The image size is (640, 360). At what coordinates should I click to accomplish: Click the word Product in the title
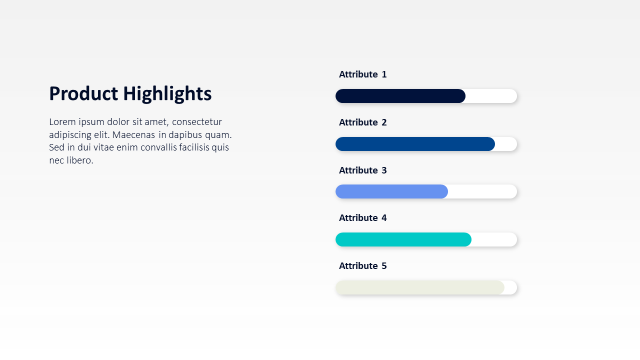click(x=83, y=93)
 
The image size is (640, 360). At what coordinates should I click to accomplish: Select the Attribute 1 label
click(x=363, y=74)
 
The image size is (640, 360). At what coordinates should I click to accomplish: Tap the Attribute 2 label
click(x=363, y=122)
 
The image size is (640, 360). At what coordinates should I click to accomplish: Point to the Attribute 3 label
click(x=363, y=170)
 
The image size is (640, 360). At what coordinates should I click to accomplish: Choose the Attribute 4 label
click(x=363, y=218)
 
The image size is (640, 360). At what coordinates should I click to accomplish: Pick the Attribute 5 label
click(x=363, y=266)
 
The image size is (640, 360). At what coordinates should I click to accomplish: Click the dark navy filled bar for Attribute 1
click(x=400, y=96)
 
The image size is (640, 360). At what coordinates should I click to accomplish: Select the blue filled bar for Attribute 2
click(x=415, y=144)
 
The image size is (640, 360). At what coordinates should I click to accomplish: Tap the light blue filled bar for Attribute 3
click(x=391, y=191)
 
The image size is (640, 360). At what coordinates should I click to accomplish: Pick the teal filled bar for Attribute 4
click(x=403, y=239)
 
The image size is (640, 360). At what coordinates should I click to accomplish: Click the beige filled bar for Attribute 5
click(x=420, y=287)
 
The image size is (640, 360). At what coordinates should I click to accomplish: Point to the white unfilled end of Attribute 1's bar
click(x=491, y=96)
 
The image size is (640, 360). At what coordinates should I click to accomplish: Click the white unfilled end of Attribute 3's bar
click(x=482, y=191)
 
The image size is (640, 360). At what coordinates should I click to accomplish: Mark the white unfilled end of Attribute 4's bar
click(x=494, y=239)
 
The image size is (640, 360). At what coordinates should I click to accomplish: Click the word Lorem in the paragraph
click(x=62, y=122)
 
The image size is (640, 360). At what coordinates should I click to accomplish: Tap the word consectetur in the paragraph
click(x=197, y=122)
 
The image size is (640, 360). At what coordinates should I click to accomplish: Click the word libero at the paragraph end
click(x=80, y=160)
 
